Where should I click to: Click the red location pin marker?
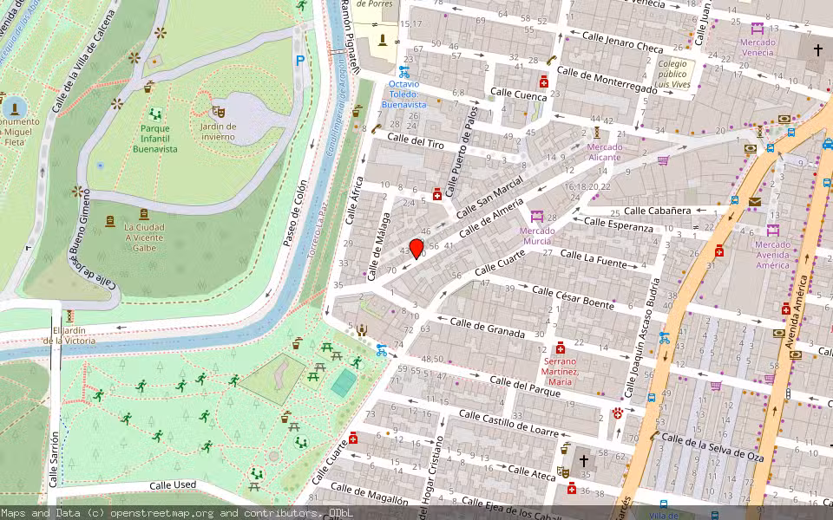[x=416, y=249]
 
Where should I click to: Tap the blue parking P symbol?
[x=300, y=61]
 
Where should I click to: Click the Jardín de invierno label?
[x=217, y=132]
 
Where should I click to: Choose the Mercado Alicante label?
[x=605, y=152]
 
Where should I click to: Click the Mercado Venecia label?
[x=758, y=47]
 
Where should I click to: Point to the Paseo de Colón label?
[x=295, y=213]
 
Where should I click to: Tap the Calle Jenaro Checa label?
[x=622, y=41]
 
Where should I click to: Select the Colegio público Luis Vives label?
[x=672, y=75]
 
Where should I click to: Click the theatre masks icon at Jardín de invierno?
[x=218, y=111]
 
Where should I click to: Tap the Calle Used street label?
[x=173, y=485]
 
